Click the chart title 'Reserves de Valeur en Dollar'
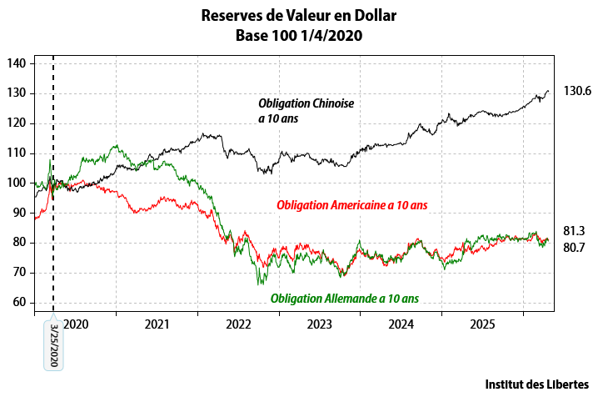299,15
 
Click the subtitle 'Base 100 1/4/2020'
299,36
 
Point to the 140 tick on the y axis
17,63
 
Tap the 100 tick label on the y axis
17,183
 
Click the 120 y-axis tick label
17,123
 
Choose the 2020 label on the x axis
76,324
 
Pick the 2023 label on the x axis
320,324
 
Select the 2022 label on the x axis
238,324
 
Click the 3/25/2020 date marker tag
53,346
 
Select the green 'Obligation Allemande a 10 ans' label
345,298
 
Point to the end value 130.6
576,91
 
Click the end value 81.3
575,231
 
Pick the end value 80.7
575,248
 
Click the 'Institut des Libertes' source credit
536,384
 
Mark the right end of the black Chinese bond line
549,90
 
